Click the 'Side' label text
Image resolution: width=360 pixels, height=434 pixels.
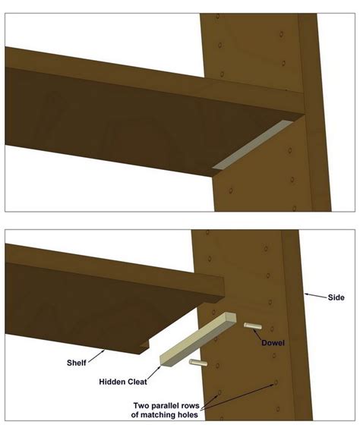333,297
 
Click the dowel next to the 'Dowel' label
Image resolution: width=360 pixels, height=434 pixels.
252,326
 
